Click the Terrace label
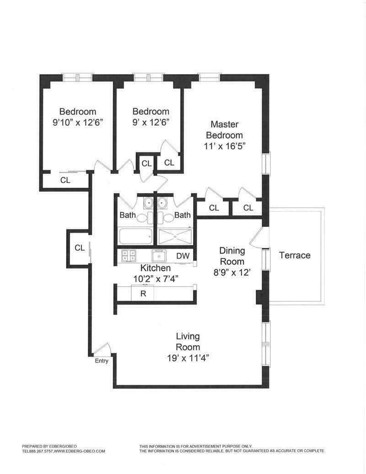click(295, 256)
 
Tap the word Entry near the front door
click(102, 361)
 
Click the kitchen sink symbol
click(159, 256)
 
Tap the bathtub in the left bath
click(135, 237)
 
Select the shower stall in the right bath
click(176, 237)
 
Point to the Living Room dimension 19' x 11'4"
click(188, 358)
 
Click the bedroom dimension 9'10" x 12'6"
click(77, 122)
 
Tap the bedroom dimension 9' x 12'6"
click(151, 122)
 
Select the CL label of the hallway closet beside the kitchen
click(80, 248)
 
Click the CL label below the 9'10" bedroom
click(65, 180)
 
